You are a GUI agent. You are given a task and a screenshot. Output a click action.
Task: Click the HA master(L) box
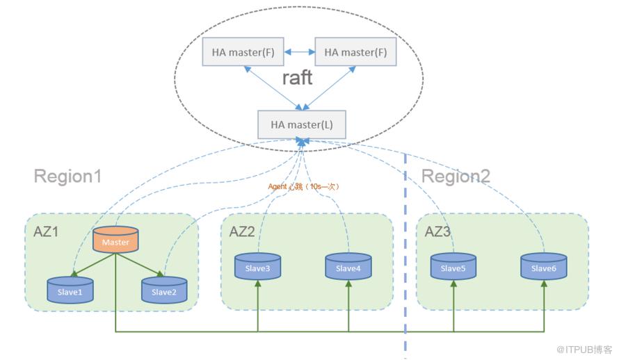[302, 124]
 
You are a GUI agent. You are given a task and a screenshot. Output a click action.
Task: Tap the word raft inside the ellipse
[297, 78]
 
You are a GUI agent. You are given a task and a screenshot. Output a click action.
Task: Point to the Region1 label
[67, 176]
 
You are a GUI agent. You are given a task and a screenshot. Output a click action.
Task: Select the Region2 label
[456, 176]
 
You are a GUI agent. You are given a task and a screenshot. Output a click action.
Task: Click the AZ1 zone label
[46, 231]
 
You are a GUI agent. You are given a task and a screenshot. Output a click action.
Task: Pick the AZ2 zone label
[242, 231]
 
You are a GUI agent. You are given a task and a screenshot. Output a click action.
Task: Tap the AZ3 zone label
[437, 231]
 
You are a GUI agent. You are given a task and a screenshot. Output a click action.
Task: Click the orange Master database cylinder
[115, 239]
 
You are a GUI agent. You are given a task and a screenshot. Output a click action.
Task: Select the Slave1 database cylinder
[70, 290]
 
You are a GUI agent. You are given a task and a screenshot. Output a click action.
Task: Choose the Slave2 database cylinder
[164, 290]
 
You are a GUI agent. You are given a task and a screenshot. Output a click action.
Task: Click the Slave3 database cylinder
[257, 267]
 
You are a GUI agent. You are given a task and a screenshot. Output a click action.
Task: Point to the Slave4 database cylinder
[348, 267]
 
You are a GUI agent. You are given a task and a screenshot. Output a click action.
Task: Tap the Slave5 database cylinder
[453, 267]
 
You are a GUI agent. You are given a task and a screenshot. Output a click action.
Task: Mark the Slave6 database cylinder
[544, 267]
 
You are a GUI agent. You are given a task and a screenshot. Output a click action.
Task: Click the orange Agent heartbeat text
[303, 186]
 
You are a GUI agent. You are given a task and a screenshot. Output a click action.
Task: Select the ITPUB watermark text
[584, 350]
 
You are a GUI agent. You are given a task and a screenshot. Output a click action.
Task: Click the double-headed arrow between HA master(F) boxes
[299, 51]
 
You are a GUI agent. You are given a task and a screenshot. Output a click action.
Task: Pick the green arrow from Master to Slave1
[93, 265]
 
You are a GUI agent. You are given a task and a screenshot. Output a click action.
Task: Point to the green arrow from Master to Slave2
[140, 265]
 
